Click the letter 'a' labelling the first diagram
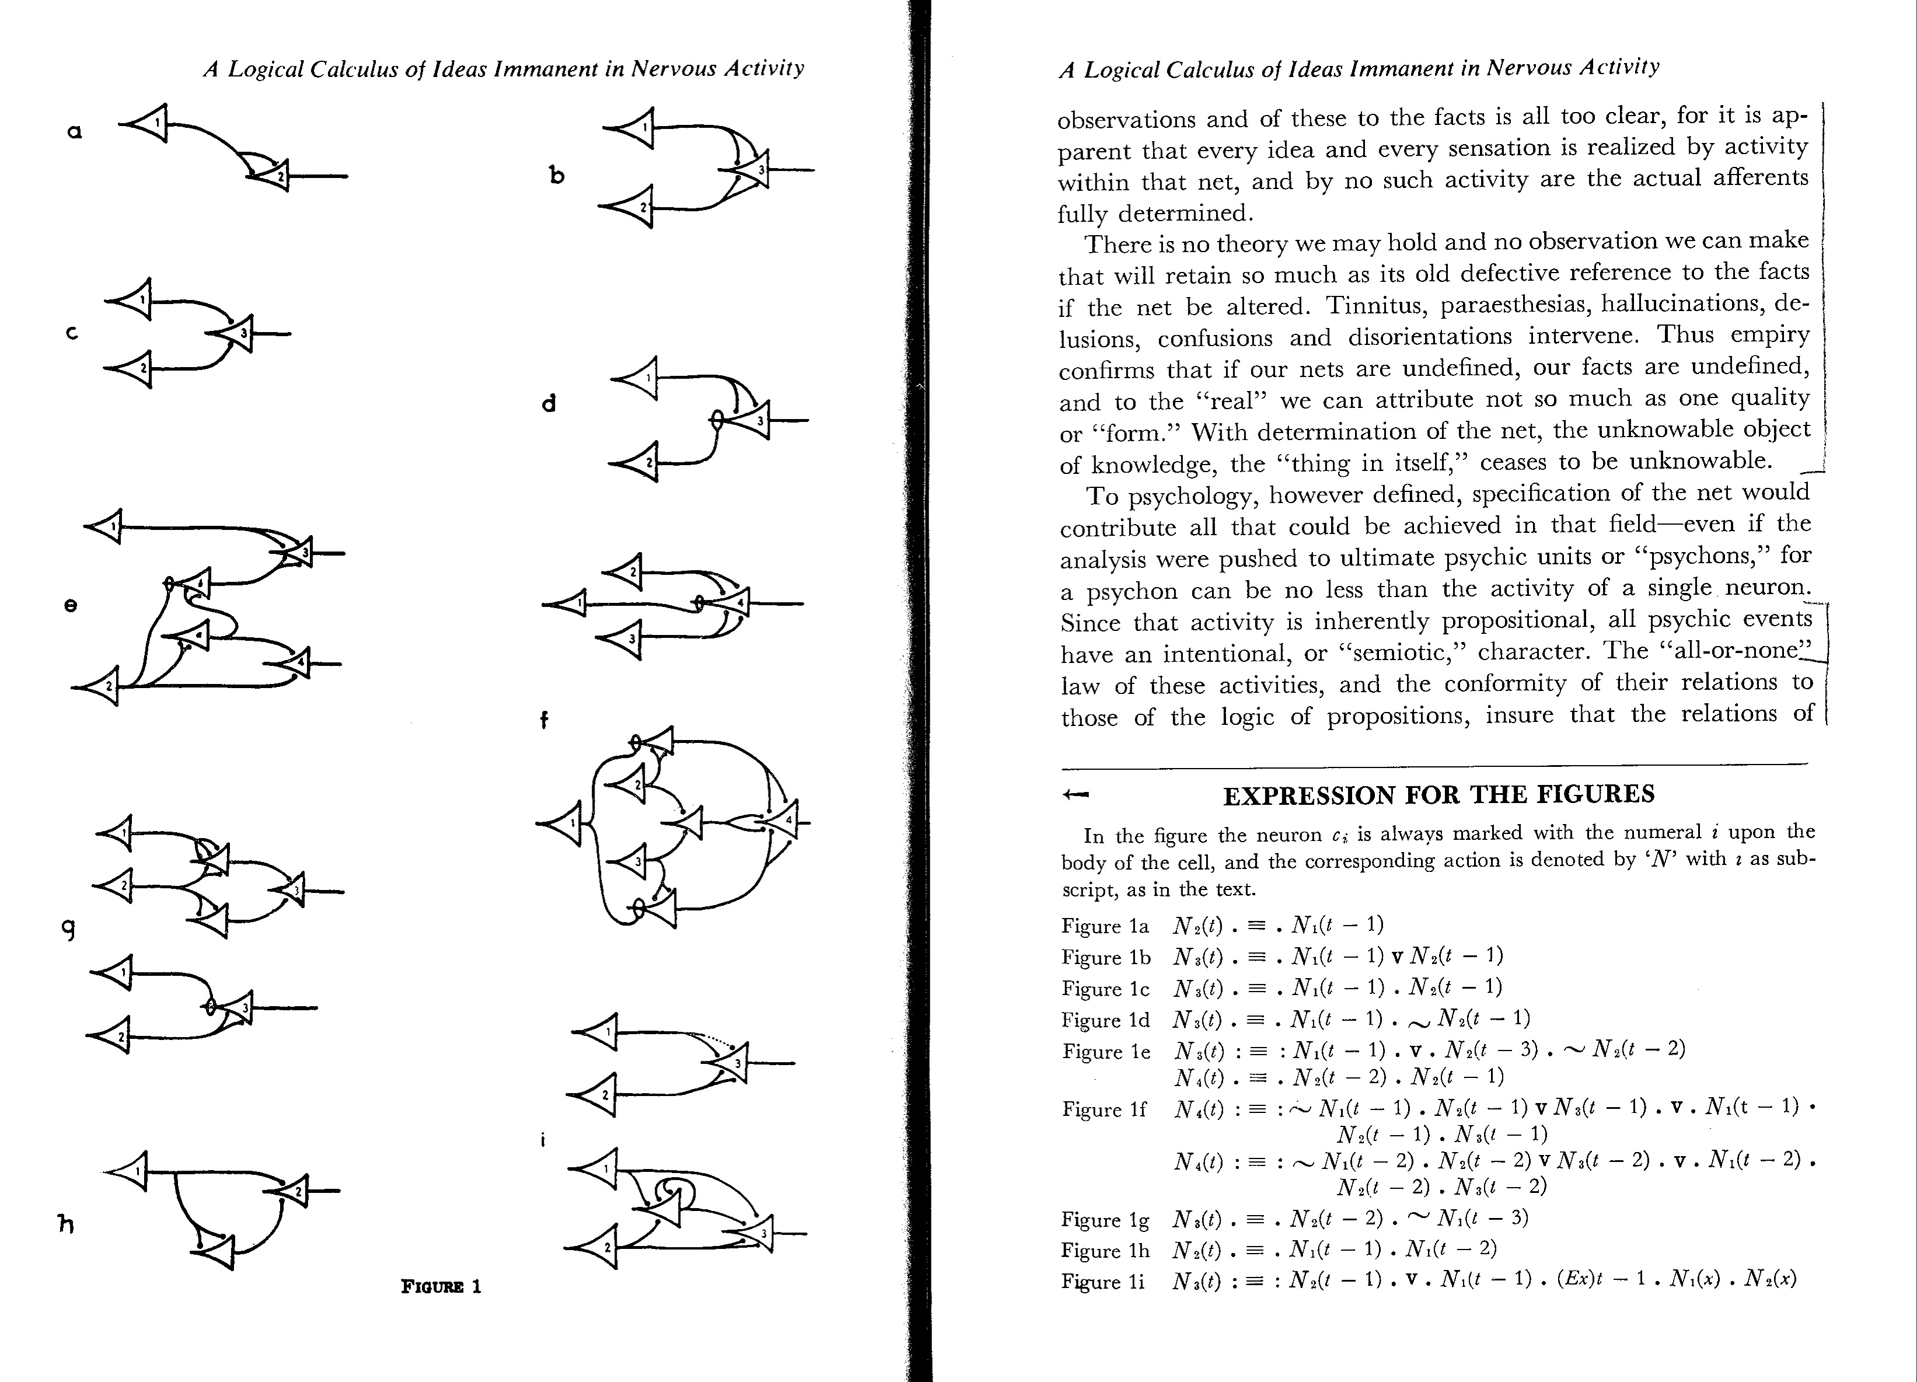pos(74,132)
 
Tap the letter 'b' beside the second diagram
pos(556,175)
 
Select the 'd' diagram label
pos(549,403)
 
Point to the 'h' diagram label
pos(65,1223)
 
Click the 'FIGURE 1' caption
pos(441,1286)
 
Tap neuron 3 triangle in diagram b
pos(754,170)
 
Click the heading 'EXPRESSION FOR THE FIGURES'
pos(1438,794)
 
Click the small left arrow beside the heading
pos(1076,794)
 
